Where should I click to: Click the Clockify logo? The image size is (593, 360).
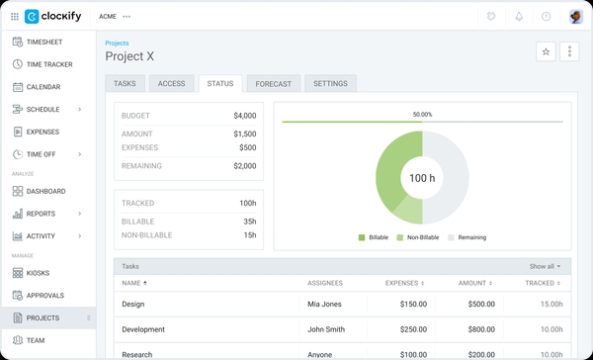point(60,16)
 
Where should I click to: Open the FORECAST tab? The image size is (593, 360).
point(273,84)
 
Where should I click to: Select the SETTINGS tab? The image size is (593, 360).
point(330,84)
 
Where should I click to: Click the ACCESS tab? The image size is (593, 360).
point(171,84)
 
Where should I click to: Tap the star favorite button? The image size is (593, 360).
point(546,51)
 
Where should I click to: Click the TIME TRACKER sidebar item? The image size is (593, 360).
point(49,64)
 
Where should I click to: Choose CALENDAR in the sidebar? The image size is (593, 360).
point(43,87)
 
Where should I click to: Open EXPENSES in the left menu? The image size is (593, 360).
point(42,132)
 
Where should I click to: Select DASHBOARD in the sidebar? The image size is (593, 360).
point(45,191)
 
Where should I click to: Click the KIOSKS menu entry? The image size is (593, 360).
point(39,273)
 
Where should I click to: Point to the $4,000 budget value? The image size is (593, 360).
point(244,116)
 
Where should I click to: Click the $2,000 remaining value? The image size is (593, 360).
point(244,166)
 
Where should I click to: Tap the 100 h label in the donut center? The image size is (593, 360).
point(422,178)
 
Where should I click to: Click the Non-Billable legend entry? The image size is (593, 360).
point(419,237)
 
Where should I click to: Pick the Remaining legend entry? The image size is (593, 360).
point(466,237)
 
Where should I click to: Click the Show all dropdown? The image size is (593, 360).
point(545,266)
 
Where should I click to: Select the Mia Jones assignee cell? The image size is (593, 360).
point(324,305)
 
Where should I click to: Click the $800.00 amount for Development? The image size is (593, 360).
point(481,329)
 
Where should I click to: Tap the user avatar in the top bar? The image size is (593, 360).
point(575,16)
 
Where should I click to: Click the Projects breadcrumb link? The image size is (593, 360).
point(117,44)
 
